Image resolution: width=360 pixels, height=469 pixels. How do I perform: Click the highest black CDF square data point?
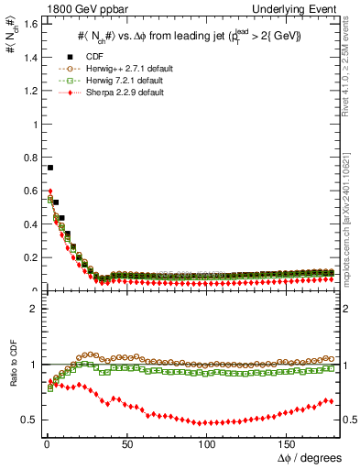click(49, 168)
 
